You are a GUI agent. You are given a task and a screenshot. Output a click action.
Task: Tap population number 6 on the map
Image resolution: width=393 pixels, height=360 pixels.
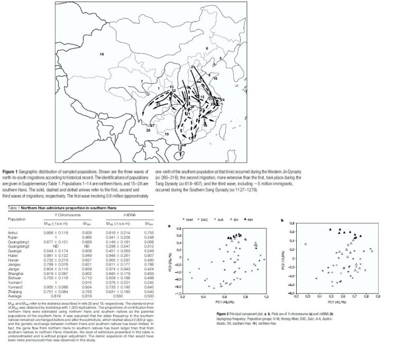click(207, 48)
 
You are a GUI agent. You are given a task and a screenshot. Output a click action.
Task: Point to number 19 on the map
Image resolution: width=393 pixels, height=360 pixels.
click(167, 135)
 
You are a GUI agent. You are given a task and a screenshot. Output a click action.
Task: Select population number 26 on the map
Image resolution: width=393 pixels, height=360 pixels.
click(149, 130)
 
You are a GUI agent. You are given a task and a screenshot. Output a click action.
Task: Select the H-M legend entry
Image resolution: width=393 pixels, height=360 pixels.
click(187, 218)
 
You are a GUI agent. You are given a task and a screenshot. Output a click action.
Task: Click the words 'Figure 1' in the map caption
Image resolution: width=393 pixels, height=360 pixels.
click(12, 172)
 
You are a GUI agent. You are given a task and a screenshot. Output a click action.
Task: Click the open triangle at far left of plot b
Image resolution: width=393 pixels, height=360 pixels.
click(306, 244)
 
